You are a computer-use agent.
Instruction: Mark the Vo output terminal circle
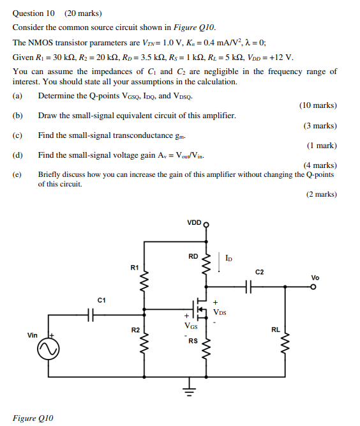pos(313,287)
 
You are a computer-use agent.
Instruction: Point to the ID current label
pos(229,259)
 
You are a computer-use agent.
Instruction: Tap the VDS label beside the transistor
pos(220,313)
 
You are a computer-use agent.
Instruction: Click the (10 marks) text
pos(317,105)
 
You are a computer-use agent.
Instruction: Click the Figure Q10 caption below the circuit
pos(33,418)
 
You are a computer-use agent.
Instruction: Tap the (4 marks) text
pos(319,165)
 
